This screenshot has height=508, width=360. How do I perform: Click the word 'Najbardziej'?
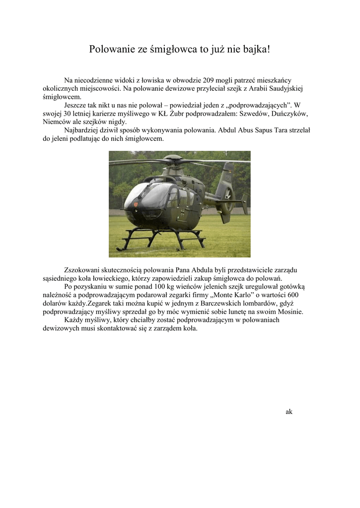[81, 130]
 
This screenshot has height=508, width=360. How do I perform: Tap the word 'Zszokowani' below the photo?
[83, 270]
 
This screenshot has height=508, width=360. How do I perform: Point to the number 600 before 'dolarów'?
[292, 295]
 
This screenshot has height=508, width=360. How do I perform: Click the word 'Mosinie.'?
[289, 312]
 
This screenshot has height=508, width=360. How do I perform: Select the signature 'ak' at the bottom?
[289, 412]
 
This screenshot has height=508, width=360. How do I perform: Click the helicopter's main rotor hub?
[173, 160]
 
